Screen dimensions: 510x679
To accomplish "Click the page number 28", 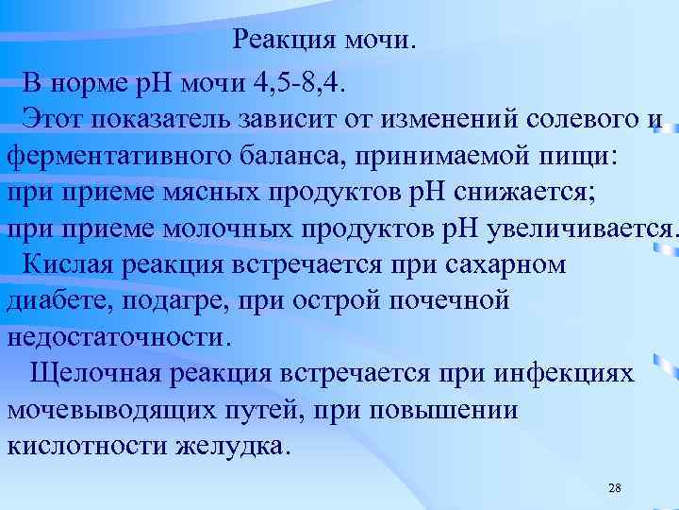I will [x=614, y=487].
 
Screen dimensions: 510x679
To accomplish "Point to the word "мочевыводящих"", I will [x=112, y=409].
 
